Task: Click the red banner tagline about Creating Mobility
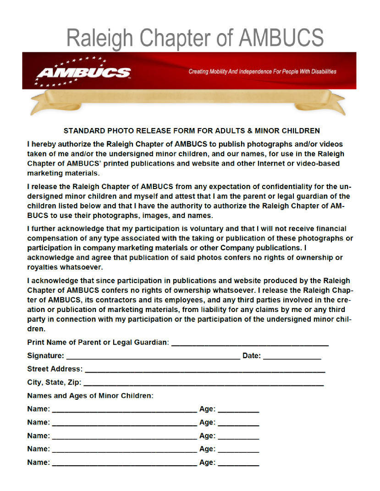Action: [x=262, y=72]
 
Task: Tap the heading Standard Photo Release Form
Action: [x=192, y=131]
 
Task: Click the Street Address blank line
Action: [x=205, y=370]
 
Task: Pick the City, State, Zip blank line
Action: [x=204, y=383]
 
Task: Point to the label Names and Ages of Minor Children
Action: [x=90, y=396]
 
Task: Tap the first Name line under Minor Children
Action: [x=124, y=410]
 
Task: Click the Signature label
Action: [x=45, y=356]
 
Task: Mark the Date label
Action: [x=252, y=356]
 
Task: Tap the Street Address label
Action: [x=55, y=369]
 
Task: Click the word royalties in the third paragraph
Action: [x=43, y=267]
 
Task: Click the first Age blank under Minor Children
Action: [x=238, y=410]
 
